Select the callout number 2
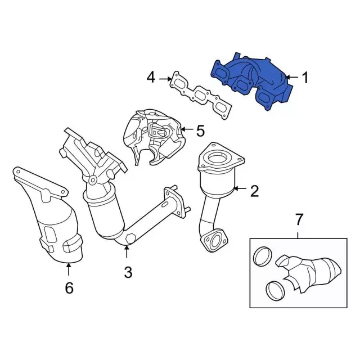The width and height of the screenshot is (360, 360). pos(254,192)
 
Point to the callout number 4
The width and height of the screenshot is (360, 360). pos(150,77)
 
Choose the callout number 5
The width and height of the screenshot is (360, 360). pos(201,131)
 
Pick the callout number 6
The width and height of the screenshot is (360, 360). pos(69,288)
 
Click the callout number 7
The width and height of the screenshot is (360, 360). pos(298,218)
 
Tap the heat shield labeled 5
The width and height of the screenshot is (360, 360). pos(152,135)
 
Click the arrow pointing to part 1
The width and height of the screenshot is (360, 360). pos(291,78)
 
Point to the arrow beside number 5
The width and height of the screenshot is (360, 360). pos(186,131)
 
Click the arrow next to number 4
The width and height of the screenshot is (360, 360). pos(164,78)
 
